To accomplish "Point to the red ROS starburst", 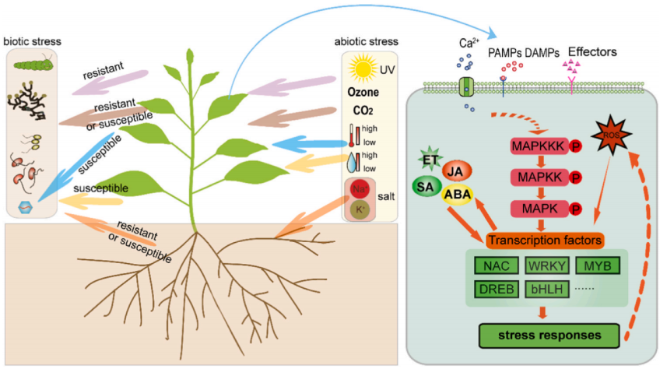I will point(609,133).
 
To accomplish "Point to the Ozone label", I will point(363,93).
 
